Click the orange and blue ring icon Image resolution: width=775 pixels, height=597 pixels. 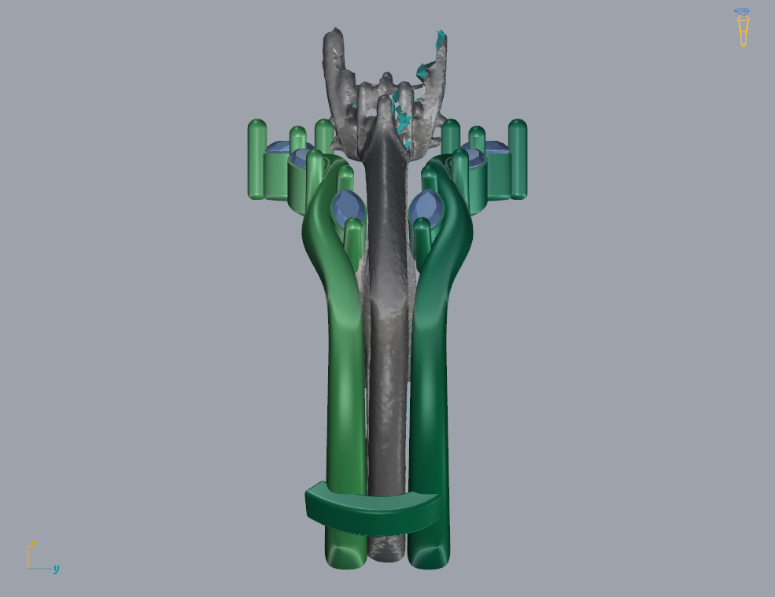[x=743, y=28]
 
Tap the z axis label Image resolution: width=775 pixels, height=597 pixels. [x=32, y=544]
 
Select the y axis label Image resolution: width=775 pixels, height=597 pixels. [x=56, y=569]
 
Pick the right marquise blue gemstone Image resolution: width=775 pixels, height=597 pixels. [x=426, y=208]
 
